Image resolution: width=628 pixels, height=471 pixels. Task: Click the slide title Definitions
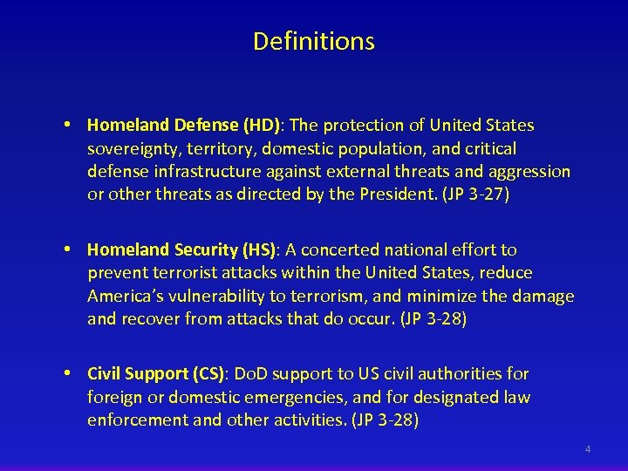pyautogui.click(x=314, y=41)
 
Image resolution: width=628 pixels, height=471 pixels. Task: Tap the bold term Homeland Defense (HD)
pyautogui.click(x=159, y=126)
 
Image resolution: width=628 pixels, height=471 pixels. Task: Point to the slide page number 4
pyautogui.click(x=588, y=449)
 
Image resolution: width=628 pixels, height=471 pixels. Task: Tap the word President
pyautogui.click(x=398, y=195)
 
